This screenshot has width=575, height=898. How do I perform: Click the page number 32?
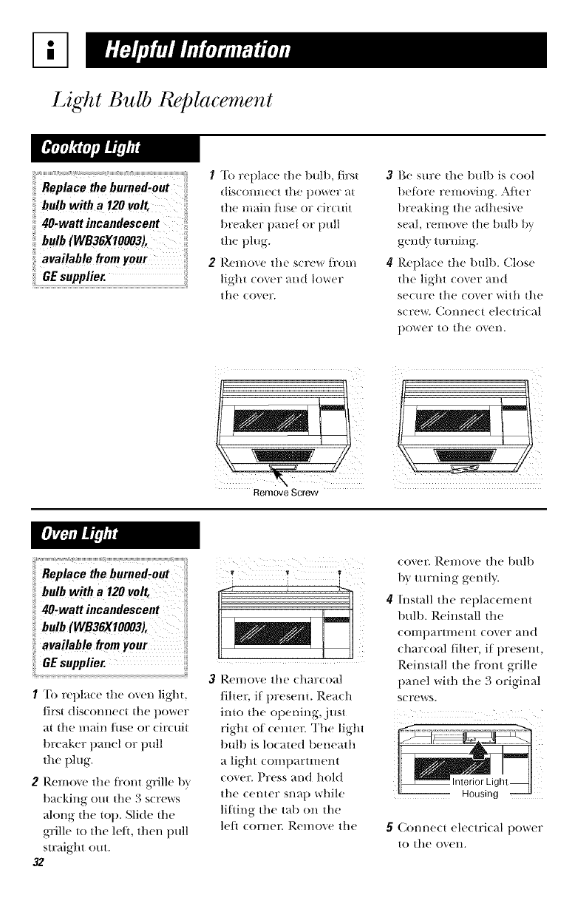[18, 887]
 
